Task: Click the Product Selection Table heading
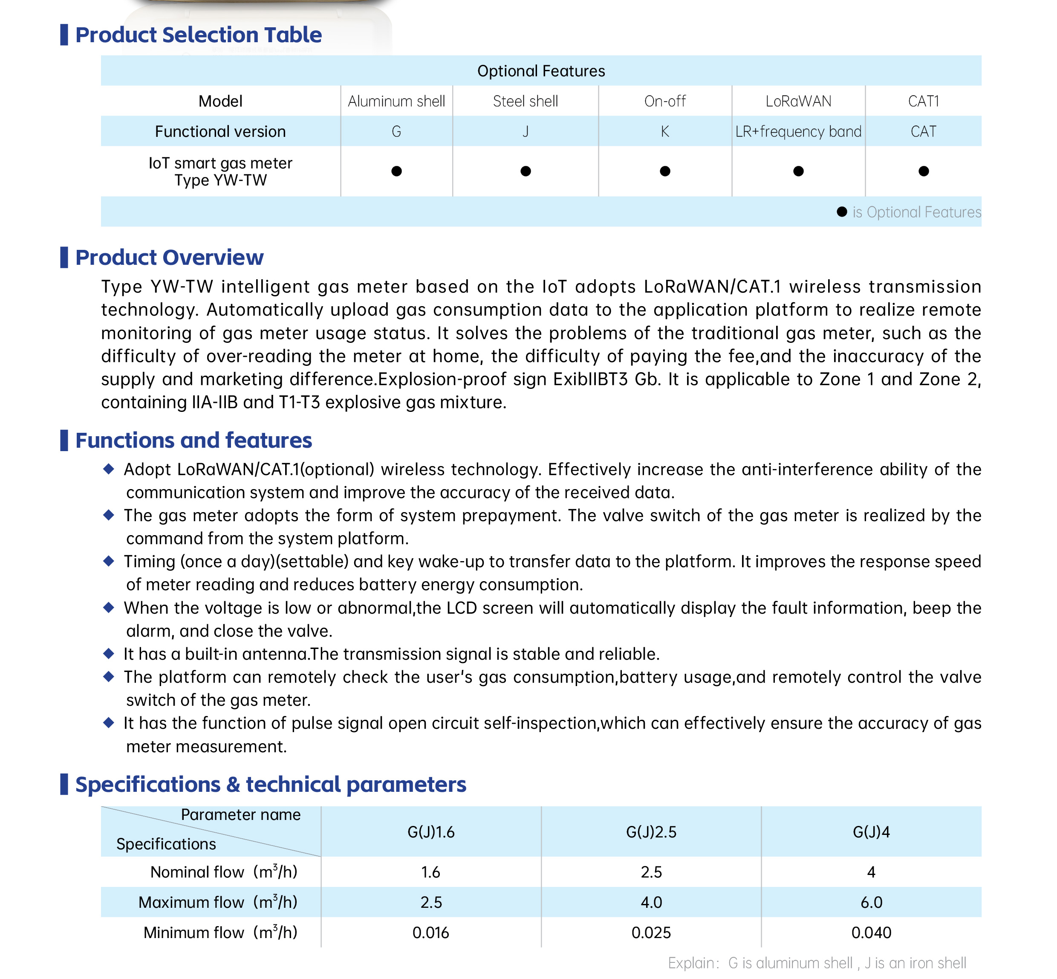[x=198, y=35]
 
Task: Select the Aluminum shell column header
[x=396, y=101]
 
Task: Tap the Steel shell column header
[x=526, y=101]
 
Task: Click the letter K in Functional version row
[x=664, y=131]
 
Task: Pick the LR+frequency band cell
[x=798, y=131]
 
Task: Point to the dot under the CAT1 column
[x=923, y=171]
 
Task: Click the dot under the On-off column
[x=664, y=171]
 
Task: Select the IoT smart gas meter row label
[x=220, y=171]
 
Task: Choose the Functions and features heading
[x=193, y=440]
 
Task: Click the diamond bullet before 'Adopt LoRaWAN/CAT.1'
[x=109, y=469]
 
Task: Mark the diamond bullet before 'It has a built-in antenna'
[x=109, y=654]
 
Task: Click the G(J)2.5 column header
[x=651, y=832]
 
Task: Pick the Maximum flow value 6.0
[x=871, y=902]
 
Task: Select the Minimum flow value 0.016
[x=430, y=933]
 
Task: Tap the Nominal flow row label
[x=223, y=872]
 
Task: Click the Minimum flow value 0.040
[x=871, y=933]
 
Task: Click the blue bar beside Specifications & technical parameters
[x=64, y=784]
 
